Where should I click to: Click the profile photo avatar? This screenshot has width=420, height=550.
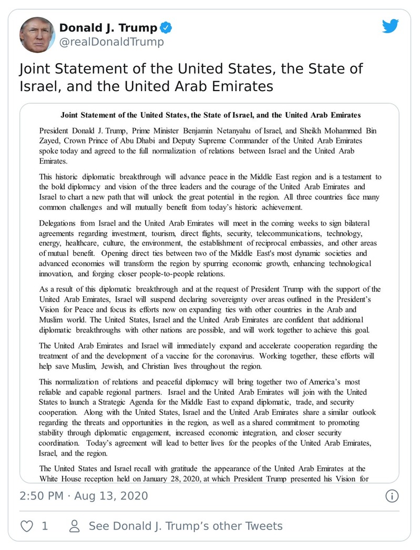click(37, 35)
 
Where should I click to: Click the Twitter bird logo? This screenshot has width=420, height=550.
click(391, 27)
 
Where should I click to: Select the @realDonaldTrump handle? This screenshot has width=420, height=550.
click(111, 42)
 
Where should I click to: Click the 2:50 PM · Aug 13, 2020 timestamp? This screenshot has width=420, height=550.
click(84, 496)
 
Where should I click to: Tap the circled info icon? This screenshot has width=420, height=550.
click(392, 496)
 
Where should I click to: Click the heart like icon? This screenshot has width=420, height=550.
click(26, 526)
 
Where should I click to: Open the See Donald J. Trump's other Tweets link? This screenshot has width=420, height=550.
click(186, 526)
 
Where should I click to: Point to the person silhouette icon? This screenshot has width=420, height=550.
click(75, 526)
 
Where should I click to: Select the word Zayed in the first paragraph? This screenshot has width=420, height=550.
click(50, 141)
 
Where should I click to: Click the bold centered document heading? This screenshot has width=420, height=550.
click(210, 115)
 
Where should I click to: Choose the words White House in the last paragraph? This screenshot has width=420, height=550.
click(62, 478)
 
